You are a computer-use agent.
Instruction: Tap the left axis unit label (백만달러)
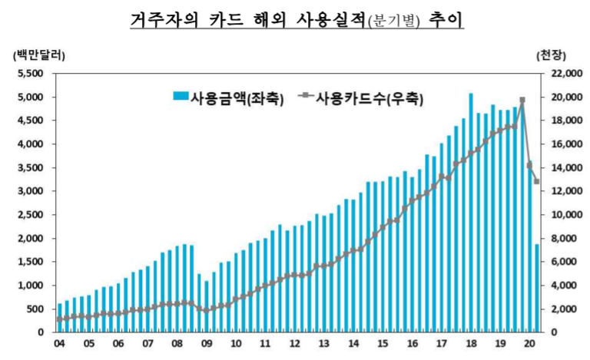[39, 55]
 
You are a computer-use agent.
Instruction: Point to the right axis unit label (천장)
[551, 55]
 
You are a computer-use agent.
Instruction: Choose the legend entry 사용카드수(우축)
[361, 97]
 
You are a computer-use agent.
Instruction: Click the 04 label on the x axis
[59, 345]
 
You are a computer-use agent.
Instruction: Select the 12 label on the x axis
[294, 345]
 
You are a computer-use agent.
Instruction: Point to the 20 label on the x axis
[529, 345]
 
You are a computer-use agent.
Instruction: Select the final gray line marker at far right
[536, 182]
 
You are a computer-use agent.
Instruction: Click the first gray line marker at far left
[59, 319]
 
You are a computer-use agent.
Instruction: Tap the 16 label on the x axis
[412, 345]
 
